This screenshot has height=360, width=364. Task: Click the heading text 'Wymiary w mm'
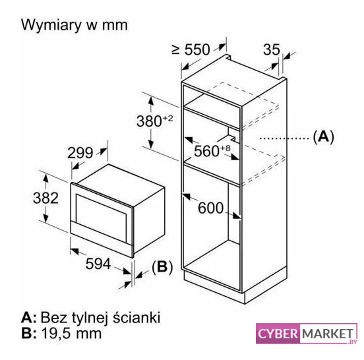click(x=75, y=25)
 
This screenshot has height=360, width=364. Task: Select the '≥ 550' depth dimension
click(x=191, y=49)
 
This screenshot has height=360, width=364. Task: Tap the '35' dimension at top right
click(x=272, y=49)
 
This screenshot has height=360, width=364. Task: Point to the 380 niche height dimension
click(x=149, y=121)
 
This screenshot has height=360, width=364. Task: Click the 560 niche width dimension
click(x=206, y=151)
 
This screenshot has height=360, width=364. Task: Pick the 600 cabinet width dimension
click(x=210, y=208)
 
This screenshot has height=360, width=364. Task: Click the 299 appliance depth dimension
click(x=80, y=153)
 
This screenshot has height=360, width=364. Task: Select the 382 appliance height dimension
click(x=45, y=198)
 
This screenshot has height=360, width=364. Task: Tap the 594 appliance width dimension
click(x=98, y=264)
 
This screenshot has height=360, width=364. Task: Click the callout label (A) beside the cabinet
click(x=323, y=136)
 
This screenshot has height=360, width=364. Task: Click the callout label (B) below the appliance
click(x=162, y=266)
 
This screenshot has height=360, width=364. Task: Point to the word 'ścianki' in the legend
click(x=136, y=317)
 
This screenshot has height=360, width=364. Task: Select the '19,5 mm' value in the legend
click(x=71, y=334)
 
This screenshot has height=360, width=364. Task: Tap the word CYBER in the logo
click(x=278, y=334)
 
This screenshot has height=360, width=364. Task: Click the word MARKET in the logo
click(x=327, y=334)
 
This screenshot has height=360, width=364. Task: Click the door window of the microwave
click(x=101, y=214)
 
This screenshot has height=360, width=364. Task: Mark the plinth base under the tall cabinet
click(x=235, y=287)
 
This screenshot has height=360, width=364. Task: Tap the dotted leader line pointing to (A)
click(x=284, y=138)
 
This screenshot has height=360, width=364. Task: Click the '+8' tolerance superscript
click(x=225, y=148)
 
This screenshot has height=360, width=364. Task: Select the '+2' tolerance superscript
click(x=167, y=118)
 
